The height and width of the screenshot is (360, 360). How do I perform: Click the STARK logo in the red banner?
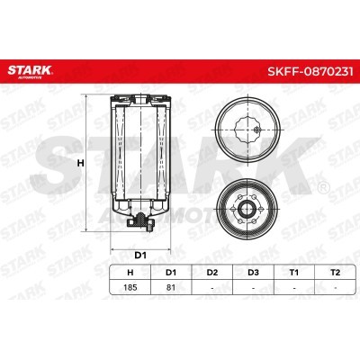30,71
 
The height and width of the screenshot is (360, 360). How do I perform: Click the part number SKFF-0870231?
310,71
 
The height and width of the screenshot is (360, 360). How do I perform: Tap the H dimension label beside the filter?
80,164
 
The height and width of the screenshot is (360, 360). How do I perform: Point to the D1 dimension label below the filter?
140,256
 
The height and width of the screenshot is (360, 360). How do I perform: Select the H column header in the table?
130,273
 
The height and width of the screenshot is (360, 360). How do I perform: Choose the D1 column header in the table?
171,273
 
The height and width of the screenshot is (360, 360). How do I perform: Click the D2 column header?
212,273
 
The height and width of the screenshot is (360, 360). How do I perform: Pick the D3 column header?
253,273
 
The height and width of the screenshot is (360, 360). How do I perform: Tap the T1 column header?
294,273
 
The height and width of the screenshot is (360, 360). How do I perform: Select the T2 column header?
335,273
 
